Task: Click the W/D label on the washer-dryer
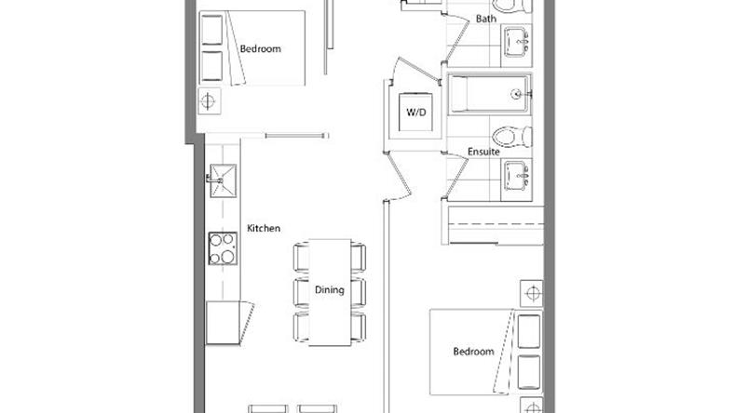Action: coord(416,113)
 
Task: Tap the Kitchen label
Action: coord(264,228)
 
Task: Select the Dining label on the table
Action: coord(329,290)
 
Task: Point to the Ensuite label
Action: coord(483,152)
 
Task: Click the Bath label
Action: coord(486,19)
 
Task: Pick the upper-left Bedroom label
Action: coord(260,48)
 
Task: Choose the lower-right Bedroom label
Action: coord(473,352)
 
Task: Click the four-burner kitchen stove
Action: coord(223,248)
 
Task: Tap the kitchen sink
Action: coord(223,180)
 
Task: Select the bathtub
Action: coord(490,94)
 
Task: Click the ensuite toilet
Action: coord(512,137)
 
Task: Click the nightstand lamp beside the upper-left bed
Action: coord(209,101)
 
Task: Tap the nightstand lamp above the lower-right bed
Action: coord(532,293)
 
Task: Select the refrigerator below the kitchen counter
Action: coord(224,323)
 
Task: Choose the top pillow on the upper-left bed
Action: coord(212,30)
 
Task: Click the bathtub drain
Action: coord(516,95)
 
